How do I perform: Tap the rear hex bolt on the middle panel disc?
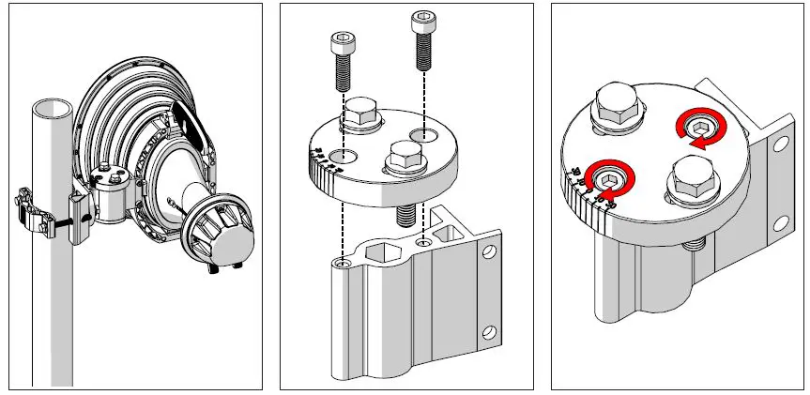(359, 118)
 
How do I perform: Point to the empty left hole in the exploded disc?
(344, 154)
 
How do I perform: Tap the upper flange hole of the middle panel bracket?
(487, 252)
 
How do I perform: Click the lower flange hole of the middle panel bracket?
(487, 332)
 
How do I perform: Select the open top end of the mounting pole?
(51, 106)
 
